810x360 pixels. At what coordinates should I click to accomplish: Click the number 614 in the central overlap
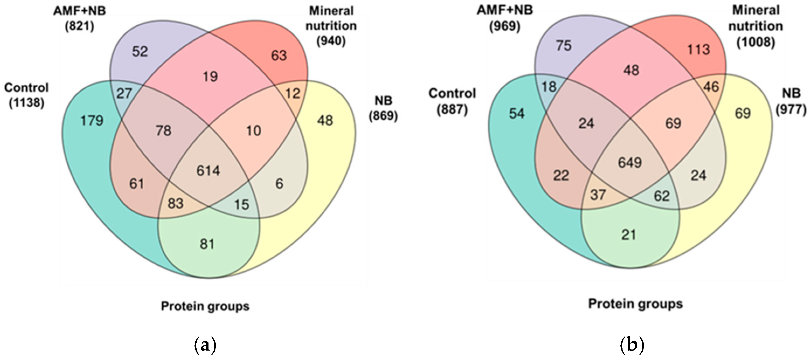pos(208,171)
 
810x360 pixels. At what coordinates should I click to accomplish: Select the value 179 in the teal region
pos(92,121)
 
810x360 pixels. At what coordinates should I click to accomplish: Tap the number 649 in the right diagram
pos(630,162)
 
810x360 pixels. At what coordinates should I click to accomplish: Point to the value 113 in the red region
pos(698,50)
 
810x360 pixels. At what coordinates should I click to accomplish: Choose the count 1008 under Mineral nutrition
pos(756,41)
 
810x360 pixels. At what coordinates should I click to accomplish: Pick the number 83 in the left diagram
pos(175,203)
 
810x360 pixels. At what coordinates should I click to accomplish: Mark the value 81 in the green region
pos(207,244)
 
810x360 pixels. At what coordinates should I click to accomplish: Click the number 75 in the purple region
pos(563,46)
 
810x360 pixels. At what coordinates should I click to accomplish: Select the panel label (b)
pos(632,345)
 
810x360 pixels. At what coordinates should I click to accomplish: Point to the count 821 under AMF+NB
pos(79,26)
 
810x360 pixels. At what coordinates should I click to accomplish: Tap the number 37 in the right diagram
pos(597,195)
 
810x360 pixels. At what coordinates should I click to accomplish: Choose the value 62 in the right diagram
pos(662,196)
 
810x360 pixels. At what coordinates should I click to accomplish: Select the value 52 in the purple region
pos(140,51)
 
